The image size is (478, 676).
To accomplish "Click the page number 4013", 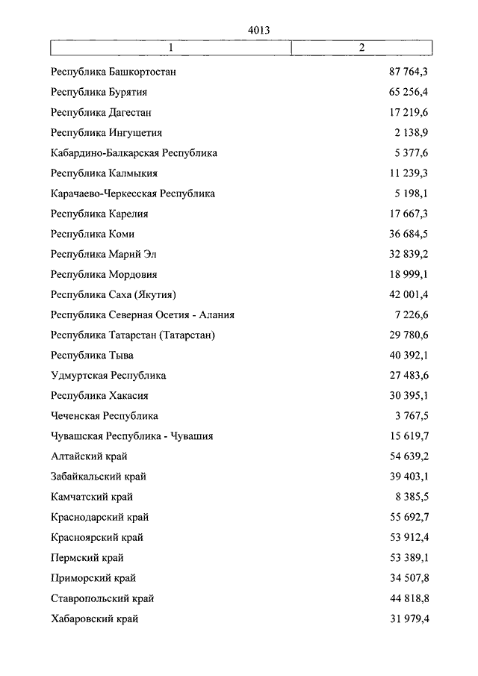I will click(258, 30).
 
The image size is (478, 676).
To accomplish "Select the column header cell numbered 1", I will click(171, 48).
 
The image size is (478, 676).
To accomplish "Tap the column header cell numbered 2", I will click(361, 48).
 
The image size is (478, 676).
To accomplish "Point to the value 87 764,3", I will click(407, 72).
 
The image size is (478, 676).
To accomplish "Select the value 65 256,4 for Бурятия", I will click(407, 93).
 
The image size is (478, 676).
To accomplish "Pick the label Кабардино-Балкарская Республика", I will click(134, 153).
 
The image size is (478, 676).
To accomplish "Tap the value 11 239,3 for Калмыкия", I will click(409, 173).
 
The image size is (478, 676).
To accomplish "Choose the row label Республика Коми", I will click(93, 234).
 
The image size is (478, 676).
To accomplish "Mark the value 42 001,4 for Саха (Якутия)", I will click(408, 294).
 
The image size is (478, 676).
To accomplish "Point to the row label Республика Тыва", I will click(93, 355).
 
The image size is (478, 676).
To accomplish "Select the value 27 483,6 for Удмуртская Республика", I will click(408, 375).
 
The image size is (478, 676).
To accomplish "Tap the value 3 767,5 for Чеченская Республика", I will click(411, 415).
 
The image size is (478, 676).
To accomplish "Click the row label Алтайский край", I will click(89, 456).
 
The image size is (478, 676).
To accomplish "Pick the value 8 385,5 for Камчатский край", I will click(411, 497).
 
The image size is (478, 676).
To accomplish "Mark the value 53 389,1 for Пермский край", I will click(408, 557).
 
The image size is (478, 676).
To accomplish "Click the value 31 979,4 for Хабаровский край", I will click(408, 618).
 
